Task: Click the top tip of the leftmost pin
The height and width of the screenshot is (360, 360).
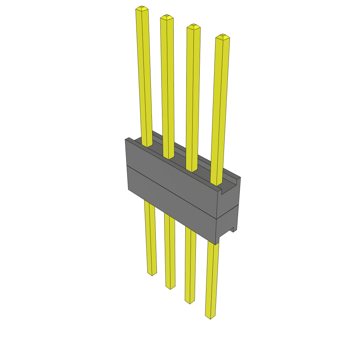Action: (141, 8)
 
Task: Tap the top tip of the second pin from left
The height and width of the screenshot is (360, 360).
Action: (167, 17)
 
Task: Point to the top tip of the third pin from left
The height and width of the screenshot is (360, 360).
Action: (193, 26)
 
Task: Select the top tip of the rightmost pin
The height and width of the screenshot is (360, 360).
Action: (223, 36)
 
